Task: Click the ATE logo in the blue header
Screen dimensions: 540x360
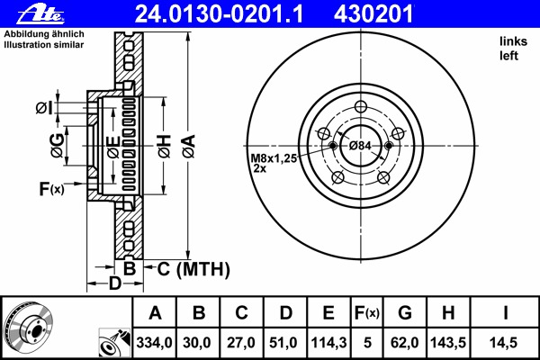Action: click(40, 14)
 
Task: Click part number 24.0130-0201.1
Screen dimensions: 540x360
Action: click(219, 14)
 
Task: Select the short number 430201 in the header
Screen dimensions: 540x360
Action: click(373, 14)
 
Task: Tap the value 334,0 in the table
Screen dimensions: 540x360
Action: click(154, 343)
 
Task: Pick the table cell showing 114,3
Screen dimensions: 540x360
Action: click(328, 343)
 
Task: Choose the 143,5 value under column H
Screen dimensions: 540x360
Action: click(448, 343)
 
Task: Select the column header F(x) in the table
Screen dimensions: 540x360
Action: click(367, 313)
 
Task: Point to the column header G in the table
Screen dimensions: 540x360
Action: click(405, 313)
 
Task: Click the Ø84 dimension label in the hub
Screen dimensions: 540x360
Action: click(360, 146)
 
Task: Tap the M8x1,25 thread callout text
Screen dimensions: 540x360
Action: click(274, 158)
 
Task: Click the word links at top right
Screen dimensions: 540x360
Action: click(514, 41)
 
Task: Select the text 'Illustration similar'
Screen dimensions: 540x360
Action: click(44, 45)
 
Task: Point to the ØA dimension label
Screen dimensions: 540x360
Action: click(189, 147)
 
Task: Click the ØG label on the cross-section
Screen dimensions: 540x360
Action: click(58, 146)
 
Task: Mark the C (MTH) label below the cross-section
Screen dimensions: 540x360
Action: click(193, 269)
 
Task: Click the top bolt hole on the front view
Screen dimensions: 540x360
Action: click(361, 106)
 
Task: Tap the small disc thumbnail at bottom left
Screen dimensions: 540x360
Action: click(28, 327)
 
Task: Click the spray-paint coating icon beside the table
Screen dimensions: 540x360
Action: click(114, 343)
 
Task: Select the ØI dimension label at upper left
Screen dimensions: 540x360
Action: click(44, 108)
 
